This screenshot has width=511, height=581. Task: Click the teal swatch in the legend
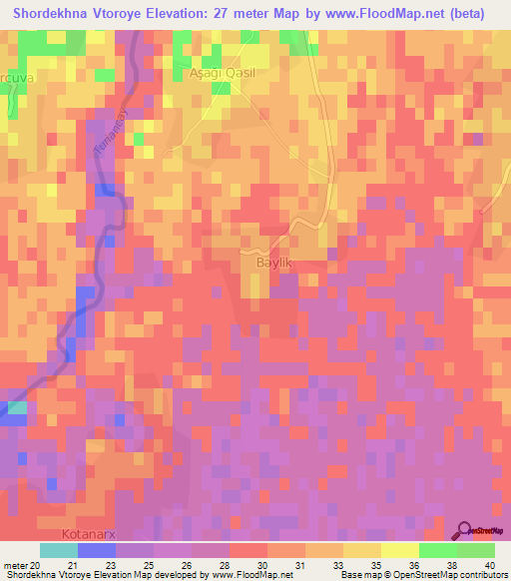58,550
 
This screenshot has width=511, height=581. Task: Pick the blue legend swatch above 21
96,550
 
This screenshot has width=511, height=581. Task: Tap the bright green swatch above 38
438,550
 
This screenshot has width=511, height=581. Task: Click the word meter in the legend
14,565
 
